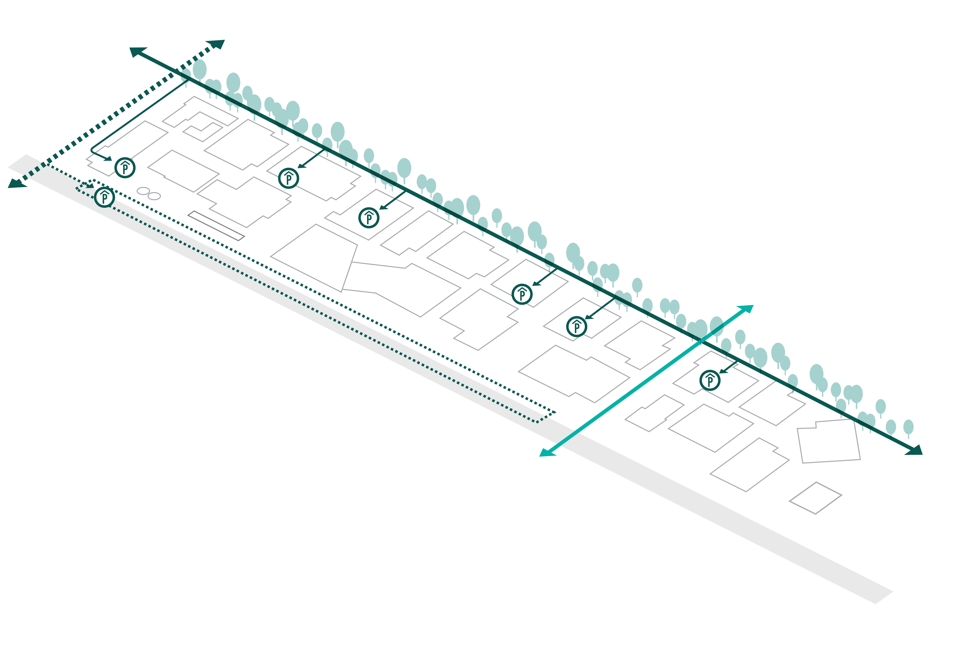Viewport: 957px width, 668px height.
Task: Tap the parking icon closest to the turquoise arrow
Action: pos(710,380)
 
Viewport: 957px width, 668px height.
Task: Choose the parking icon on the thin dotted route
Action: pos(104,197)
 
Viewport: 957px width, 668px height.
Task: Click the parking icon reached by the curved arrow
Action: pos(125,168)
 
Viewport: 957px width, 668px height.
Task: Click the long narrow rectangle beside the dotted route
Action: pos(216,226)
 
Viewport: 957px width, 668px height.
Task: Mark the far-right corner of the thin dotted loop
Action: pos(556,413)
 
